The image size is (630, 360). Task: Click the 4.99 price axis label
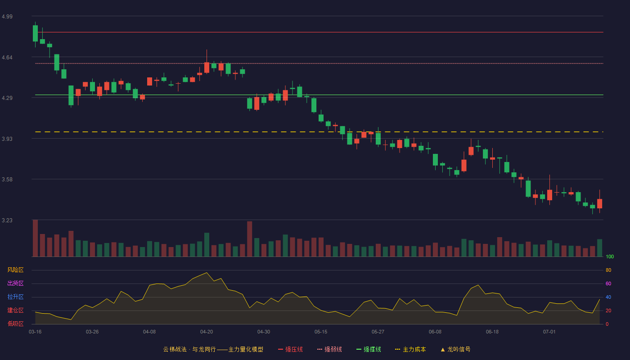click(7, 16)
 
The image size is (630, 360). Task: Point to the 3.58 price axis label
click(7, 179)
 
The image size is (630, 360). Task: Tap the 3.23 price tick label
click(7, 220)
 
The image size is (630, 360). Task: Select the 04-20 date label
click(207, 332)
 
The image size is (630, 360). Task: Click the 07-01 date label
click(549, 332)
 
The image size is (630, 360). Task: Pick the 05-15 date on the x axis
click(321, 332)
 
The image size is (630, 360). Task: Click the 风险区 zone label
click(15, 270)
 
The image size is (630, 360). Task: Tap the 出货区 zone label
click(15, 283)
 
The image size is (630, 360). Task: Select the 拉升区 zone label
click(15, 297)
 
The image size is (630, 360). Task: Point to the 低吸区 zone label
click(15, 324)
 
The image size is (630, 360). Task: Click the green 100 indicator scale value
click(610, 256)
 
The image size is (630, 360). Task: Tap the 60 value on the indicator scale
click(608, 283)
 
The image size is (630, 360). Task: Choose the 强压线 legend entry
click(290, 349)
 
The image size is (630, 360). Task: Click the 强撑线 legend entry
click(369, 349)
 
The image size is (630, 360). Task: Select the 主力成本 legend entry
click(410, 349)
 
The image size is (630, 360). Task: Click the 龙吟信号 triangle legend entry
click(455, 349)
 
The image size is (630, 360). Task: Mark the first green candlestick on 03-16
click(35, 33)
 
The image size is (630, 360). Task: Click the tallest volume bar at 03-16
click(35, 238)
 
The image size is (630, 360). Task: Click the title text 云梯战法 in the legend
click(175, 349)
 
